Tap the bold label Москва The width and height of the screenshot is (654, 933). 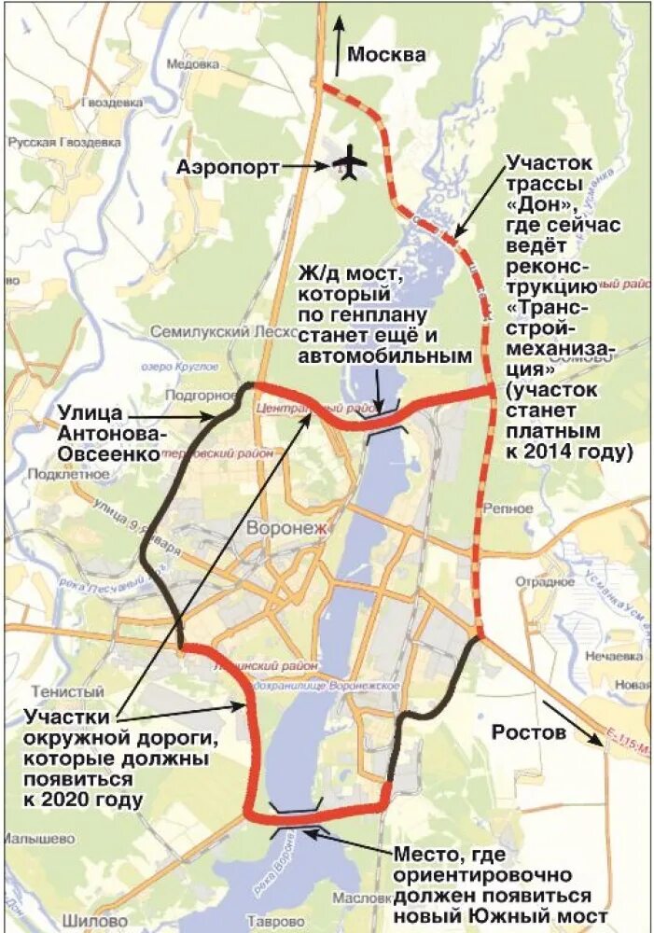pyautogui.click(x=386, y=55)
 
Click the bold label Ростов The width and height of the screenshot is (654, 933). pyautogui.click(x=529, y=732)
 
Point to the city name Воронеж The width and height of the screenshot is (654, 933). pyautogui.click(x=288, y=530)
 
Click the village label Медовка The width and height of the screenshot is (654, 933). pyautogui.click(x=191, y=64)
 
